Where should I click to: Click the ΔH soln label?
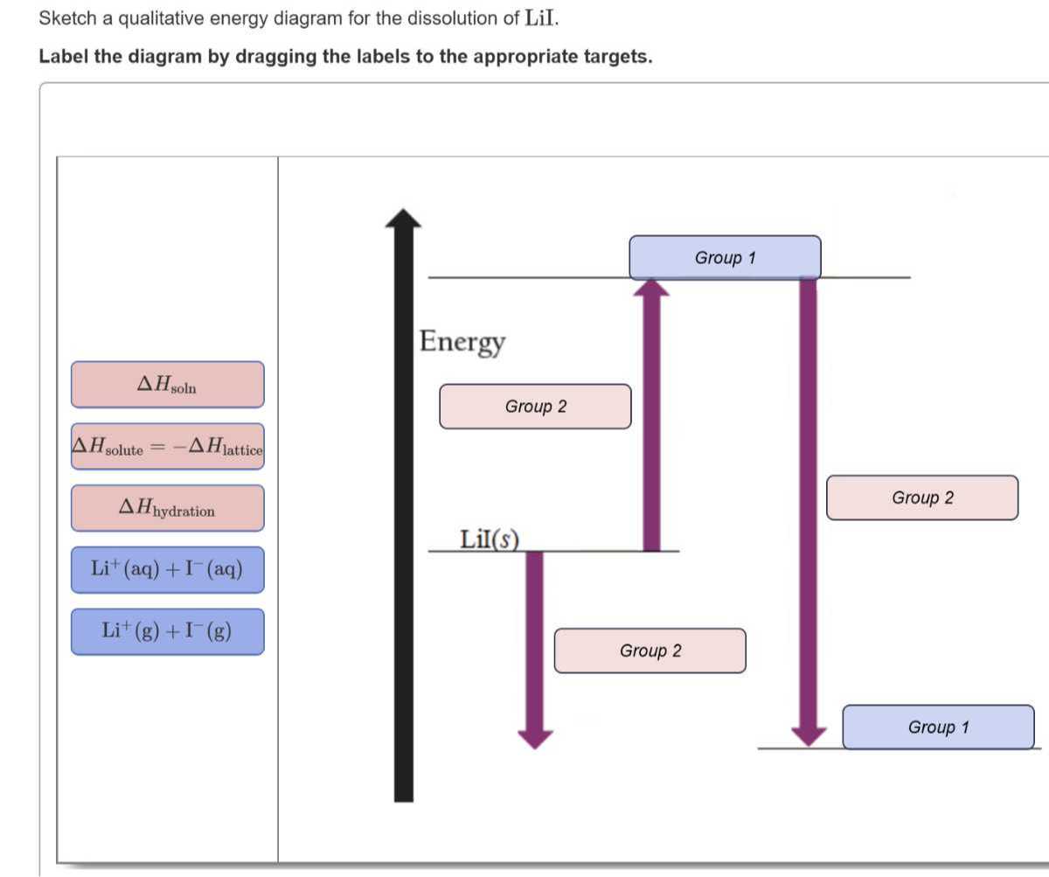pyautogui.click(x=167, y=385)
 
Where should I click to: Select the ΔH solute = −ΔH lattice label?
pyautogui.click(x=167, y=447)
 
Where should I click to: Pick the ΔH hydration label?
pyautogui.click(x=167, y=508)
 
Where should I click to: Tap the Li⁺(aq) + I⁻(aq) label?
pyautogui.click(x=167, y=570)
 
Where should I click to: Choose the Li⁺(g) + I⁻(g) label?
pyautogui.click(x=167, y=631)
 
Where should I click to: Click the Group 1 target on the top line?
pyautogui.click(x=725, y=258)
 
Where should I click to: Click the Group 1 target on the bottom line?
pyautogui.click(x=938, y=727)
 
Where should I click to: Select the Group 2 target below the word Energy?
pyautogui.click(x=535, y=407)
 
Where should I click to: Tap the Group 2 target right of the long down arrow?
pyautogui.click(x=922, y=498)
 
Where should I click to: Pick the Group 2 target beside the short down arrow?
pyautogui.click(x=650, y=651)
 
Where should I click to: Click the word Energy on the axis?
pyautogui.click(x=462, y=341)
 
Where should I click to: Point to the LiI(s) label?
pyautogui.click(x=489, y=539)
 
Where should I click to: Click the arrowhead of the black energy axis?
pyautogui.click(x=403, y=219)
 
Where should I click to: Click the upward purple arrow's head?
pyautogui.click(x=650, y=289)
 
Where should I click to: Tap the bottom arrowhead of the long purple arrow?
pyautogui.click(x=809, y=736)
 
